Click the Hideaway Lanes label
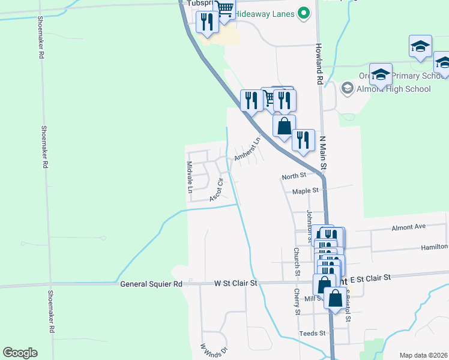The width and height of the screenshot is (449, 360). pos(265,13)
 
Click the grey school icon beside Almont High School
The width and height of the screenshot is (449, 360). pos(347,89)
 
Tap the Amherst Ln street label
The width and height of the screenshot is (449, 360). pos(247,149)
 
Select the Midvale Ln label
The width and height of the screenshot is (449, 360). pos(190,177)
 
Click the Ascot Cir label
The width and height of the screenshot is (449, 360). pos(217,190)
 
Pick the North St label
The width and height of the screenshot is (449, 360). pos(294,176)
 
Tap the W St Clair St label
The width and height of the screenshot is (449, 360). pos(236,283)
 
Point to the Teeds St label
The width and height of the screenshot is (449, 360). pos(313,333)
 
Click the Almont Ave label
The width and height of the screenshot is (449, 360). pos(408,227)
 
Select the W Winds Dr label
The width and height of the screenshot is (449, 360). pos(214,350)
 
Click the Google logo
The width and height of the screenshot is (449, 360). pos(20,353)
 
